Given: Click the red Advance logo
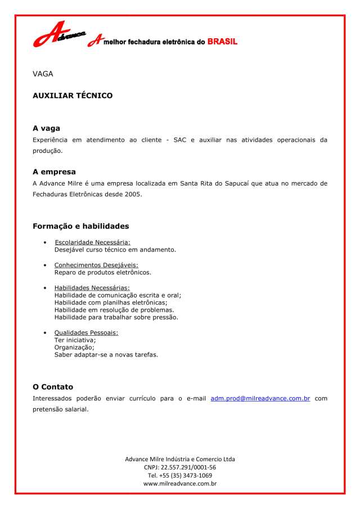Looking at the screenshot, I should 58,35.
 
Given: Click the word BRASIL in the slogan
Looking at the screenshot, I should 222,42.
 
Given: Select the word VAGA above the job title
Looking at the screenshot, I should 43,74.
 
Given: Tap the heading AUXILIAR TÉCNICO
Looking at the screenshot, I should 73,96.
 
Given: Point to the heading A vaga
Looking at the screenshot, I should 46,128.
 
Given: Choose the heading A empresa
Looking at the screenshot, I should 54,172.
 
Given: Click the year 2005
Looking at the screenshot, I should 133,194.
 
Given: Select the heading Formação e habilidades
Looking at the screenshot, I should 80,226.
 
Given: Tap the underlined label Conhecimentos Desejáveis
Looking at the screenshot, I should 96,265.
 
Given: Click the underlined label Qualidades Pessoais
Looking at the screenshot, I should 86,332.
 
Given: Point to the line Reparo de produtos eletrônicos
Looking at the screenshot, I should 102,272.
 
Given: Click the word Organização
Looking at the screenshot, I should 74,347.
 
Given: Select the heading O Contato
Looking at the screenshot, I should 53,387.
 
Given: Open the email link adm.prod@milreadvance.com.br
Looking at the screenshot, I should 260,398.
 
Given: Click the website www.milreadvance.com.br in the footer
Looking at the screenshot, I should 180,483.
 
